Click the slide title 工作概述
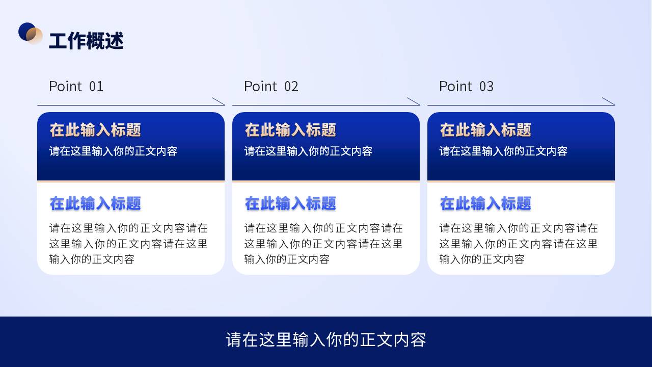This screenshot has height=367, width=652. click(86, 41)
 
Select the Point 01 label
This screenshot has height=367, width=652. click(76, 86)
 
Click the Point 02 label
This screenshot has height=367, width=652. click(271, 86)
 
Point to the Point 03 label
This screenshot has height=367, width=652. click(466, 86)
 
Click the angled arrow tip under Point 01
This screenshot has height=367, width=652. click(225, 105)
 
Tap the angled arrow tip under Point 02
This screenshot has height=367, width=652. click(420, 105)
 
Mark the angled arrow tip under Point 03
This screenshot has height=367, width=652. click(615, 105)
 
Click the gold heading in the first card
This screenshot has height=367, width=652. click(95, 130)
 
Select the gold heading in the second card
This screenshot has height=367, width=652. click(290, 130)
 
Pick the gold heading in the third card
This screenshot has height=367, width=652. click(485, 130)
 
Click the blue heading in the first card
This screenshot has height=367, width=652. click(95, 203)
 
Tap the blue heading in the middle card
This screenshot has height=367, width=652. click(290, 203)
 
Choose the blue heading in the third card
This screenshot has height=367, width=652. click(485, 203)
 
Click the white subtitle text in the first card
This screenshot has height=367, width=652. click(113, 151)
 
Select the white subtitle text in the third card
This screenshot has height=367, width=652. click(503, 151)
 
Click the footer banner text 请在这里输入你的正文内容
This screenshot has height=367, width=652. click(326, 339)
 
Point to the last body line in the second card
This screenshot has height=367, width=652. click(287, 259)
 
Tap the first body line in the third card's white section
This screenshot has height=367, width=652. click(519, 228)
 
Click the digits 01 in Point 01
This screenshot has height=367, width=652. click(96, 87)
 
